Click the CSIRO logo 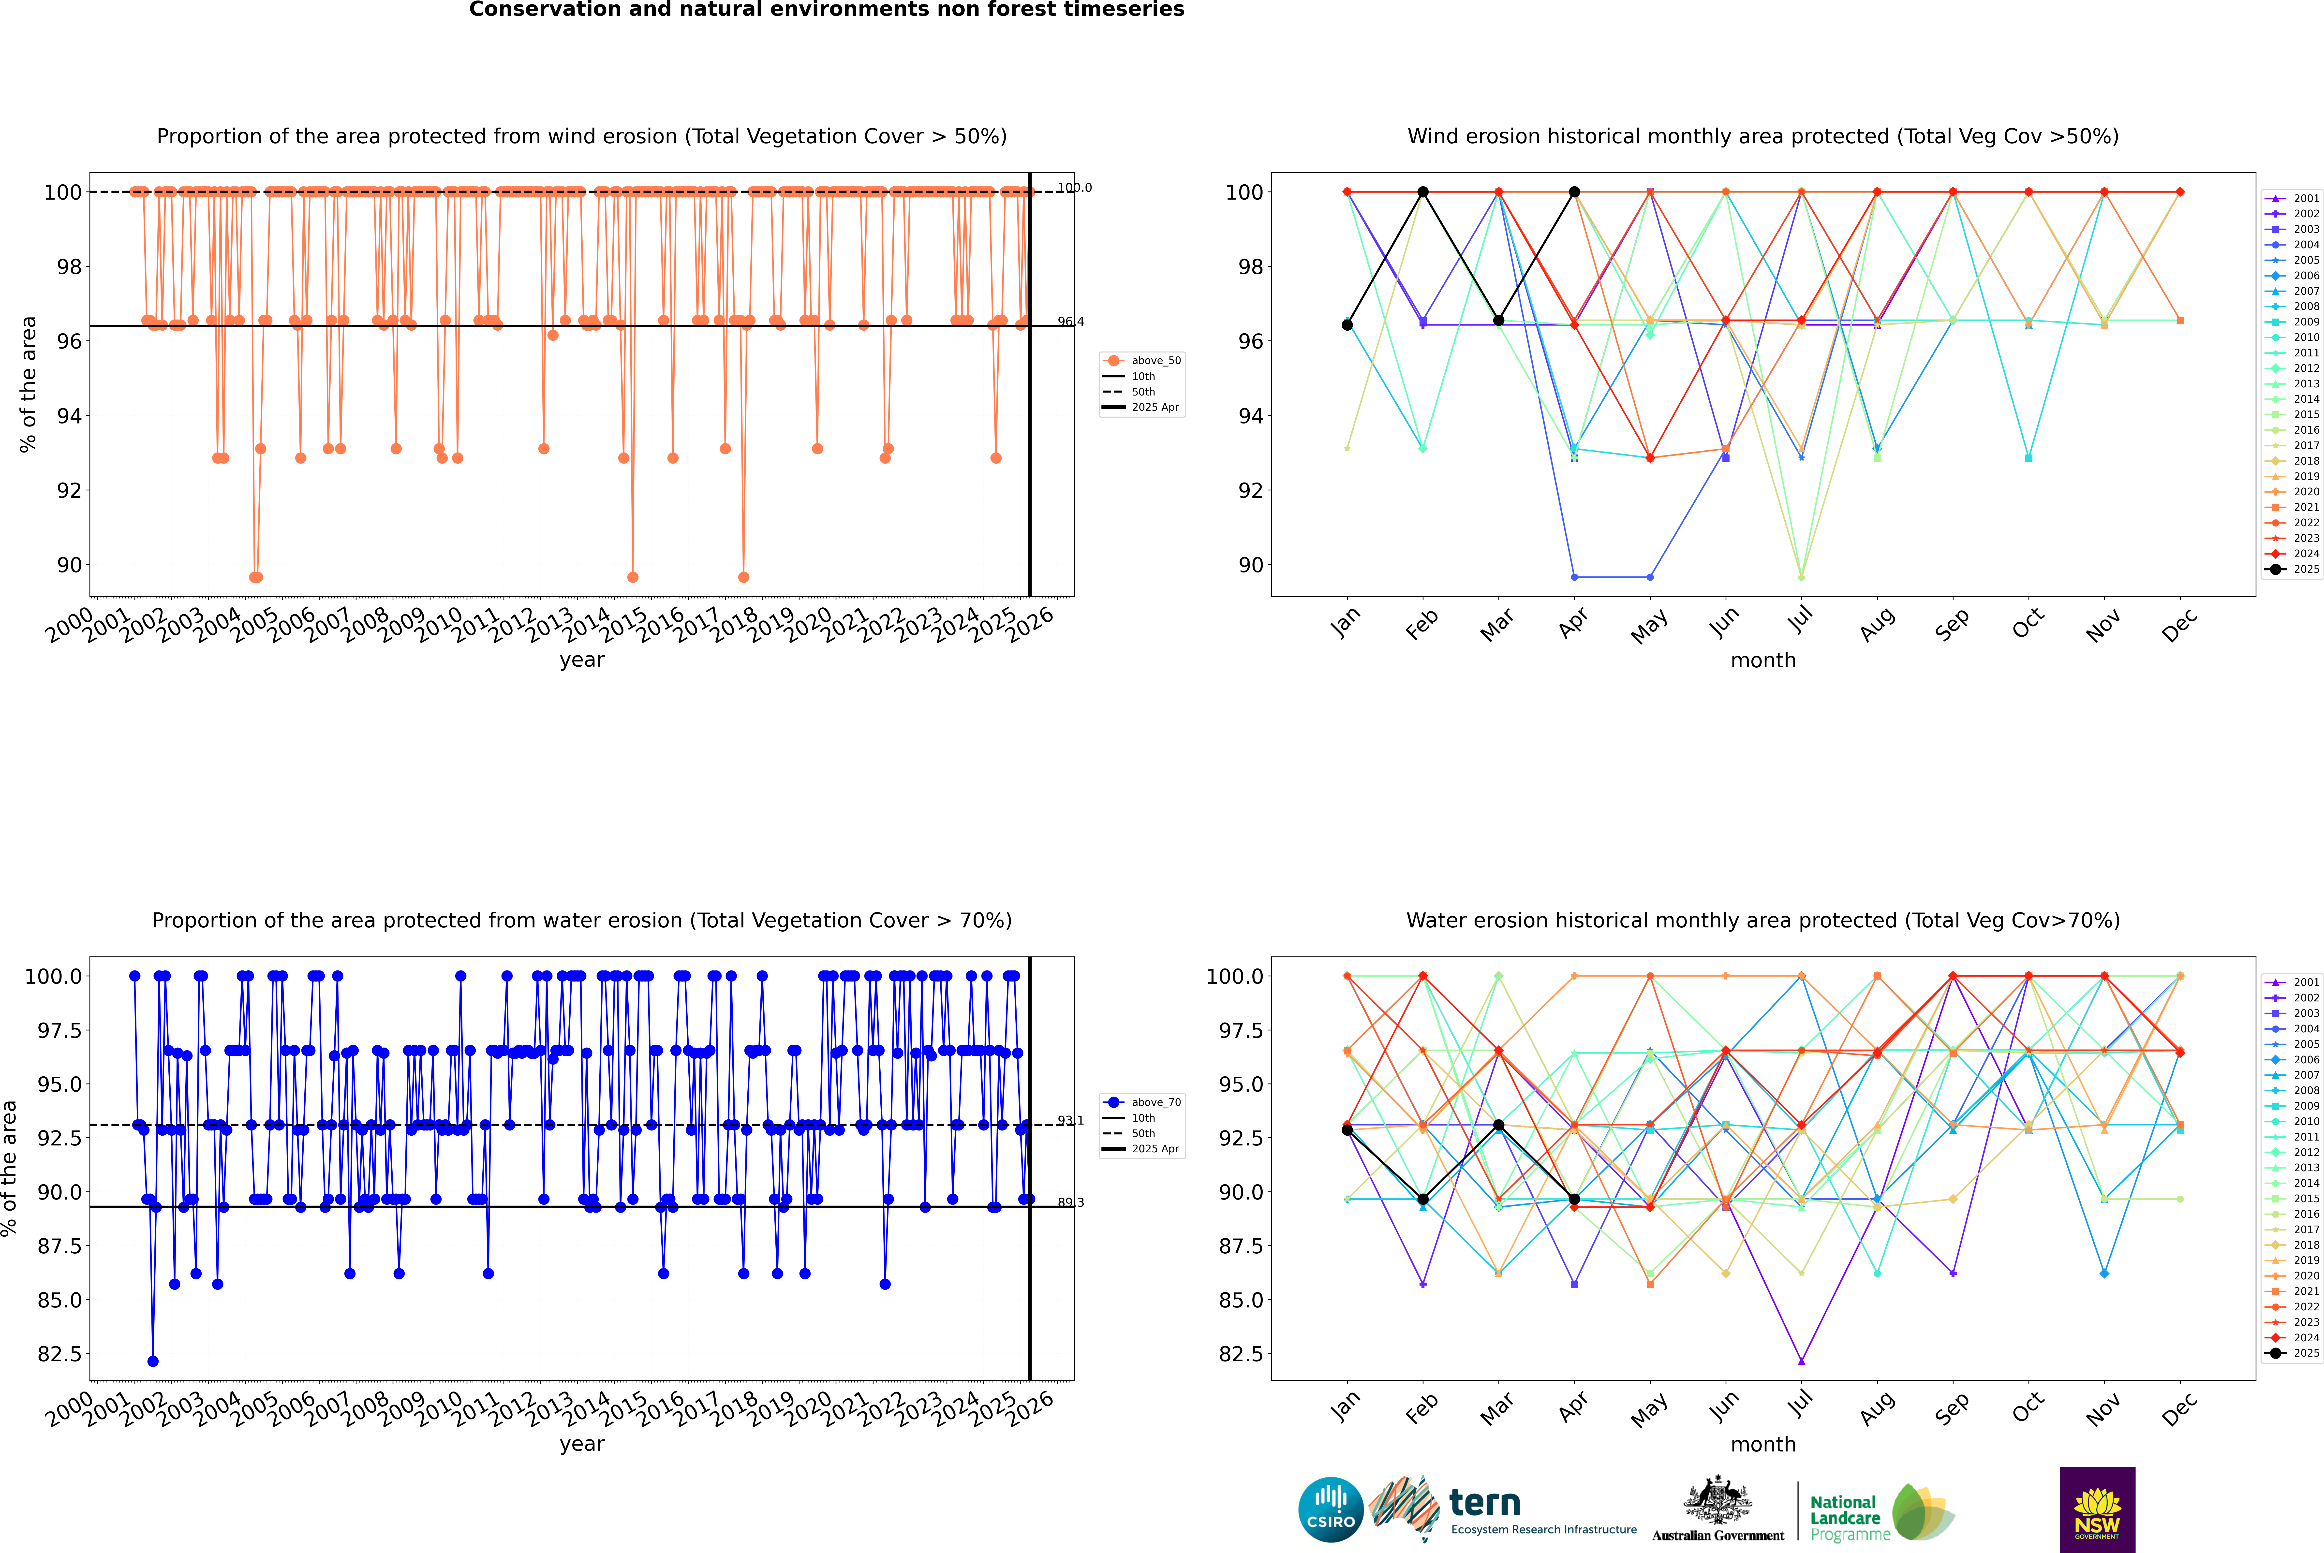1331,1509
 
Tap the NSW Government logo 2097,1509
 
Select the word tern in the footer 1484,1503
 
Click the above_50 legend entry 1155,361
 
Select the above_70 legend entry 1155,1102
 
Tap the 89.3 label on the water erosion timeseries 1070,1202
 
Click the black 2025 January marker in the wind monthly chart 1347,325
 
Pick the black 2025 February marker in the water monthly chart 1422,1200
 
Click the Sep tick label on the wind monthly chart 1952,624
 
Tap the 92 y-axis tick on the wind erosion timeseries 69,490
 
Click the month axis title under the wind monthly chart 1763,661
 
